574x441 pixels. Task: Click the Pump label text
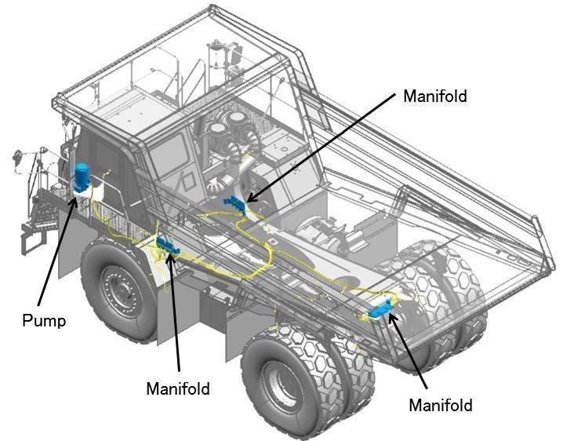click(x=43, y=320)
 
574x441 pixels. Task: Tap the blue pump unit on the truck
click(x=81, y=177)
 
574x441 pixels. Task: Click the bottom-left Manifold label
click(x=178, y=388)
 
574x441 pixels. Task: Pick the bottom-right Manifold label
click(x=441, y=405)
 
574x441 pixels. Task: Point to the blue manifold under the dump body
click(x=236, y=202)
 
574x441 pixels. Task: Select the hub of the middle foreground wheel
click(x=281, y=384)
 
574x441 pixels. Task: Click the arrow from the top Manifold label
click(x=322, y=146)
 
